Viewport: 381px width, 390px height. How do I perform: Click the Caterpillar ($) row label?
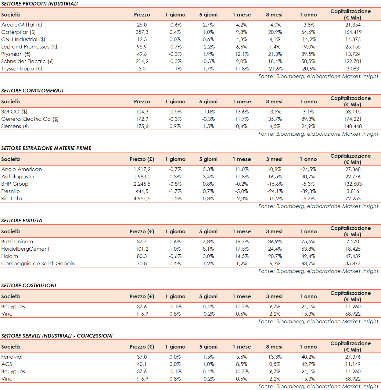coord(18,32)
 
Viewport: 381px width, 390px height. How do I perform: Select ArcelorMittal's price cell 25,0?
coord(142,25)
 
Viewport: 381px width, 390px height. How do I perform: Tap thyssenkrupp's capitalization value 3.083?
coord(353,69)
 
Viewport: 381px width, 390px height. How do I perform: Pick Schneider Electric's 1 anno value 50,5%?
coord(308,61)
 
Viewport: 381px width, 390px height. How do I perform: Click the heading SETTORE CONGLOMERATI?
coord(32,91)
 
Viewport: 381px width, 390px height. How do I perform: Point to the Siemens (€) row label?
coord(15,126)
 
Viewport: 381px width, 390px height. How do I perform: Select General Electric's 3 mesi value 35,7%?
coord(275,119)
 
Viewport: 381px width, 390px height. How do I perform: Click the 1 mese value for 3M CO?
coord(242,112)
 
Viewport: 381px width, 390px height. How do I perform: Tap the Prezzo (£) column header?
coord(142,159)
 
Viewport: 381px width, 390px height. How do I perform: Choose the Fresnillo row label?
coord(10,191)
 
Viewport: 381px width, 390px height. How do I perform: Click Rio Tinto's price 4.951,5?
coord(142,199)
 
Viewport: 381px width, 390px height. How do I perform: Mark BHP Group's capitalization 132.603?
coord(353,184)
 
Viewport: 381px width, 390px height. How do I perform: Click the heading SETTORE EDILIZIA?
coord(22,220)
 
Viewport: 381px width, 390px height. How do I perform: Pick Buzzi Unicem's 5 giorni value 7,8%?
coord(208,242)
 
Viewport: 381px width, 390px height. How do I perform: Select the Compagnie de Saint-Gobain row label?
coord(38,263)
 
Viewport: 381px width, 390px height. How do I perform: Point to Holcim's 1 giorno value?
coord(175,256)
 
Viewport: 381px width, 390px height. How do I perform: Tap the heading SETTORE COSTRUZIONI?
coord(29,285)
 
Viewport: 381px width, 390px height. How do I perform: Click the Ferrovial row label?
coord(12,357)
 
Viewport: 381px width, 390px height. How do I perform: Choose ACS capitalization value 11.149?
coord(353,364)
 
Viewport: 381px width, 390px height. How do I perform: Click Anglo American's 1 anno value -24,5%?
coord(308,169)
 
